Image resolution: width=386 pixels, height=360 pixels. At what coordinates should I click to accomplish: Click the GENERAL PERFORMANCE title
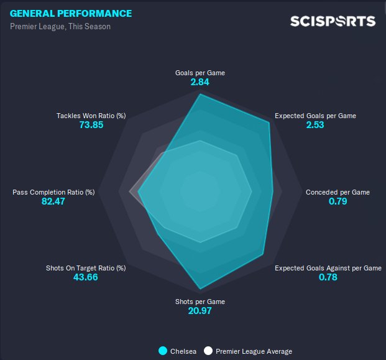pyautogui.click(x=71, y=14)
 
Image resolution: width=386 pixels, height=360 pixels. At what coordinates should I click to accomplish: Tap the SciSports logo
pyautogui.click(x=333, y=21)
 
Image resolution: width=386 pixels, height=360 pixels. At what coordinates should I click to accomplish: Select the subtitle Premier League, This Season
pyautogui.click(x=60, y=27)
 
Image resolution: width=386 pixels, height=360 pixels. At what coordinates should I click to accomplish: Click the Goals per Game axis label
pyautogui.click(x=200, y=73)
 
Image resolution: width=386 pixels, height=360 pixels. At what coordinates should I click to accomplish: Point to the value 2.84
pyautogui.click(x=200, y=83)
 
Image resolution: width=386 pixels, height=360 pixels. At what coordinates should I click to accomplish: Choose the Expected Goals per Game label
pyautogui.click(x=315, y=116)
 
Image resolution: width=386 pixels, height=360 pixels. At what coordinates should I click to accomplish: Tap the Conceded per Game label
pyautogui.click(x=338, y=192)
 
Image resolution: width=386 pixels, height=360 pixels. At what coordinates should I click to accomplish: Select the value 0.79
pyautogui.click(x=338, y=202)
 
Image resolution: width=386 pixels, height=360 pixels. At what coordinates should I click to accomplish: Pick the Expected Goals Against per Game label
pyautogui.click(x=328, y=268)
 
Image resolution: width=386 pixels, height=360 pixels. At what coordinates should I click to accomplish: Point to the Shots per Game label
pyautogui.click(x=200, y=302)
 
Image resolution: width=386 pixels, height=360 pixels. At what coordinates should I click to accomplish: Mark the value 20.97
pyautogui.click(x=200, y=311)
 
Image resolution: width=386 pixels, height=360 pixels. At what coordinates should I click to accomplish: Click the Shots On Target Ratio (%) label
pyautogui.click(x=86, y=268)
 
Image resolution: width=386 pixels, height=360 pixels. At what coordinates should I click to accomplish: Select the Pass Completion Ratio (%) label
pyautogui.click(x=53, y=192)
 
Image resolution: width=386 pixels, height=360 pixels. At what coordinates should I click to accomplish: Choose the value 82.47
pyautogui.click(x=53, y=202)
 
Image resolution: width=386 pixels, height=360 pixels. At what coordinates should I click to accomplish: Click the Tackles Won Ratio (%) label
pyautogui.click(x=91, y=116)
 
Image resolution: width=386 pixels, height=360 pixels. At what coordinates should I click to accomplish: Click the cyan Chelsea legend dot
pyautogui.click(x=163, y=351)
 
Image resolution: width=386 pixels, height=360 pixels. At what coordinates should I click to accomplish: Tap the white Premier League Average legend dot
pyautogui.click(x=208, y=351)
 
